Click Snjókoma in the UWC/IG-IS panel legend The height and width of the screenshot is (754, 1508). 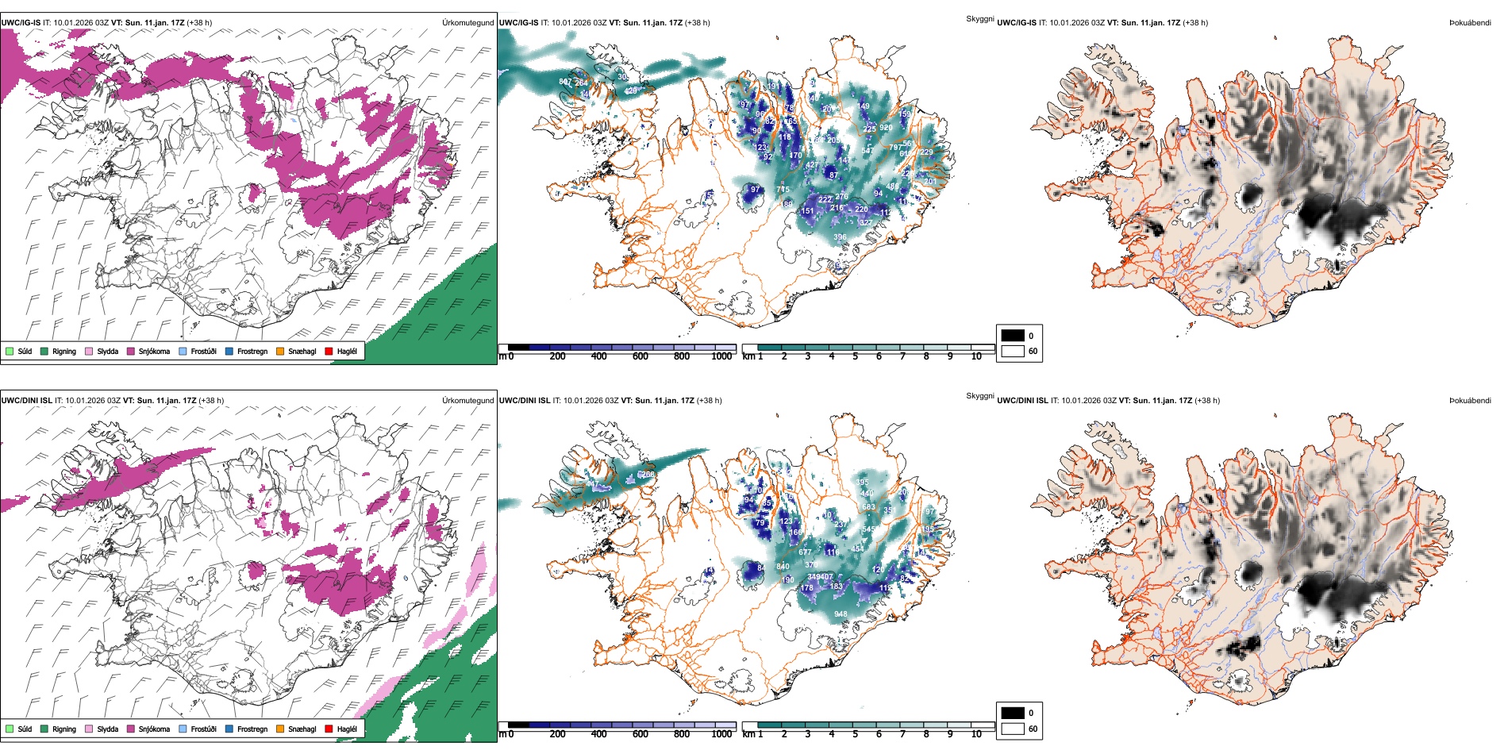click(x=154, y=351)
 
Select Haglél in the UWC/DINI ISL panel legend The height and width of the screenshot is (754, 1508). click(x=347, y=729)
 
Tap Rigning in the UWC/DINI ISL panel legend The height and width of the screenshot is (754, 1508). click(x=64, y=729)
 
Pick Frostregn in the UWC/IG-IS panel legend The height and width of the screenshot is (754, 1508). click(x=252, y=351)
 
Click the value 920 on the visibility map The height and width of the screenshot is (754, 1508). click(x=886, y=128)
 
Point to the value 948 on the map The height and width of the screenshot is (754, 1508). click(x=841, y=614)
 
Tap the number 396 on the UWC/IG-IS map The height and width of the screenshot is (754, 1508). click(x=840, y=237)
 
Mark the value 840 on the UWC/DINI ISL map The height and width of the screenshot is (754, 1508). click(x=783, y=566)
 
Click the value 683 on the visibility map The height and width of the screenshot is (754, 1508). click(x=868, y=507)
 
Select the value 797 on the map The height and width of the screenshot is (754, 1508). click(x=894, y=148)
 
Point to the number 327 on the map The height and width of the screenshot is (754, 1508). click(x=865, y=223)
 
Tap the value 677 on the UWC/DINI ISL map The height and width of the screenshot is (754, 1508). click(x=805, y=552)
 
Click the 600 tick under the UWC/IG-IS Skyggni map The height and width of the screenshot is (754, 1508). click(x=640, y=356)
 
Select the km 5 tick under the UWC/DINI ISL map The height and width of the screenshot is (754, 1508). click(x=855, y=734)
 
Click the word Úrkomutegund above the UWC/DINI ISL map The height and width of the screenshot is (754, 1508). click(x=467, y=400)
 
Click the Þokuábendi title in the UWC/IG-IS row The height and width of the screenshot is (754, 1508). click(x=1470, y=23)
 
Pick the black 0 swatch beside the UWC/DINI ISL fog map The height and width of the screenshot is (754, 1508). click(x=1013, y=713)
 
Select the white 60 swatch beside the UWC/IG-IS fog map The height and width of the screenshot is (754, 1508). click(x=1013, y=351)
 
